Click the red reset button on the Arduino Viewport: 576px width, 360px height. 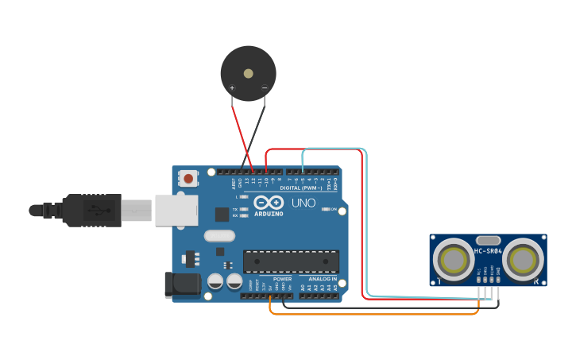pos(188,179)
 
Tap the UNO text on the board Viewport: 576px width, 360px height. pos(303,203)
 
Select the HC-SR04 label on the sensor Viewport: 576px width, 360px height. pos(488,251)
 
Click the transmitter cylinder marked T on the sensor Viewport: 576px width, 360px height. pos(454,260)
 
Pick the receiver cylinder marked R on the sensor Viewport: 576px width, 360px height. pos(523,260)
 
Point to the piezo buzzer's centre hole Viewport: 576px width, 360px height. pos(249,73)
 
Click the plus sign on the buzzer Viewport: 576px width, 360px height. pos(232,87)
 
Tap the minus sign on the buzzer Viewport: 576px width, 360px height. pos(265,87)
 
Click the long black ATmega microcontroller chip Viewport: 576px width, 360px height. pos(291,261)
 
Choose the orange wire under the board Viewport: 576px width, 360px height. pos(373,314)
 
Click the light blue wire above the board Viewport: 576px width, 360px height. pos(334,148)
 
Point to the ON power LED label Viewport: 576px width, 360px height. pos(334,209)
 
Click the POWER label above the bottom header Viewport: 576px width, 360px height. pos(282,279)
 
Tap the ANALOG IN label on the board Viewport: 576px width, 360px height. pos(323,279)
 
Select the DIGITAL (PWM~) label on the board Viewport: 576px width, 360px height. pos(301,188)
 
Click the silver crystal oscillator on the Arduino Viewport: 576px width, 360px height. pos(219,235)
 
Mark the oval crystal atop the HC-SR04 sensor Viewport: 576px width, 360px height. pos(488,239)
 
